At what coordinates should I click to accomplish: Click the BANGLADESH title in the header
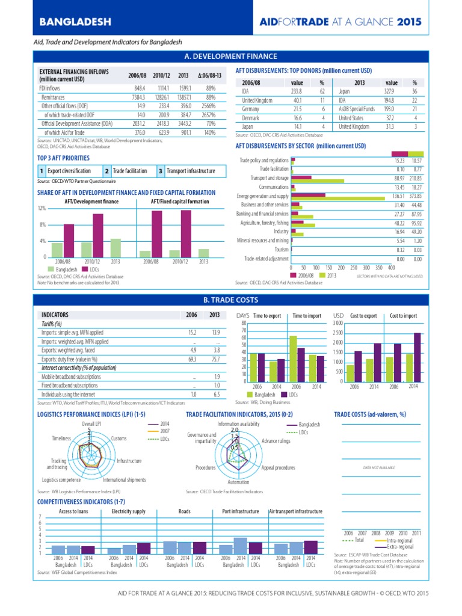click(75, 22)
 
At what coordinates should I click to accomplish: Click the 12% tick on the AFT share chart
click(42, 208)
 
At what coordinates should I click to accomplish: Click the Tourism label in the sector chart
click(281, 249)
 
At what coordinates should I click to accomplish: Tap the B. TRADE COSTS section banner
click(231, 300)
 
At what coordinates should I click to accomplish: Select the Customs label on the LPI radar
click(119, 439)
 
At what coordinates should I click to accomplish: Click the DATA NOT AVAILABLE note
click(378, 467)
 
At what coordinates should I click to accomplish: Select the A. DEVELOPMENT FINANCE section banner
click(231, 57)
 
